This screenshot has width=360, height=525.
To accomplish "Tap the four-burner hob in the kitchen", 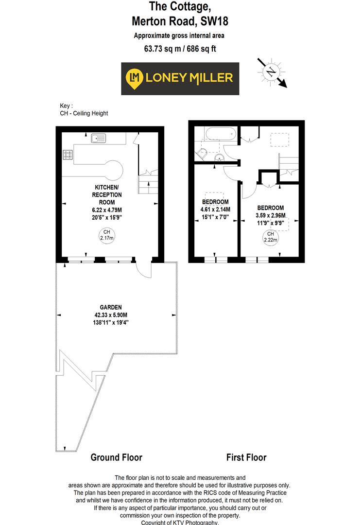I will [x=68, y=155].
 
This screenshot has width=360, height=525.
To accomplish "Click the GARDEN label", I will [x=111, y=307].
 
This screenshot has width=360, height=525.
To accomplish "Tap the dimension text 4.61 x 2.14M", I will [x=215, y=210].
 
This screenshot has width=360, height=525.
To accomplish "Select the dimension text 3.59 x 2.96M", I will [x=271, y=216].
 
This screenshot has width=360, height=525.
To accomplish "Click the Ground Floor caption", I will [x=117, y=457].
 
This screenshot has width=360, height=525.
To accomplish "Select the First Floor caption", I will [x=246, y=457].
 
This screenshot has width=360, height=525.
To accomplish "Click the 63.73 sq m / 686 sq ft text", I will [x=179, y=48].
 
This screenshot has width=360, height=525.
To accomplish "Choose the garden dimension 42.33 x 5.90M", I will [x=111, y=315].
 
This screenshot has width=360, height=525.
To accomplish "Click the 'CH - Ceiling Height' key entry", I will [x=84, y=113].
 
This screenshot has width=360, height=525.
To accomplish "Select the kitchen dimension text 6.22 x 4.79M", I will [x=107, y=210].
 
